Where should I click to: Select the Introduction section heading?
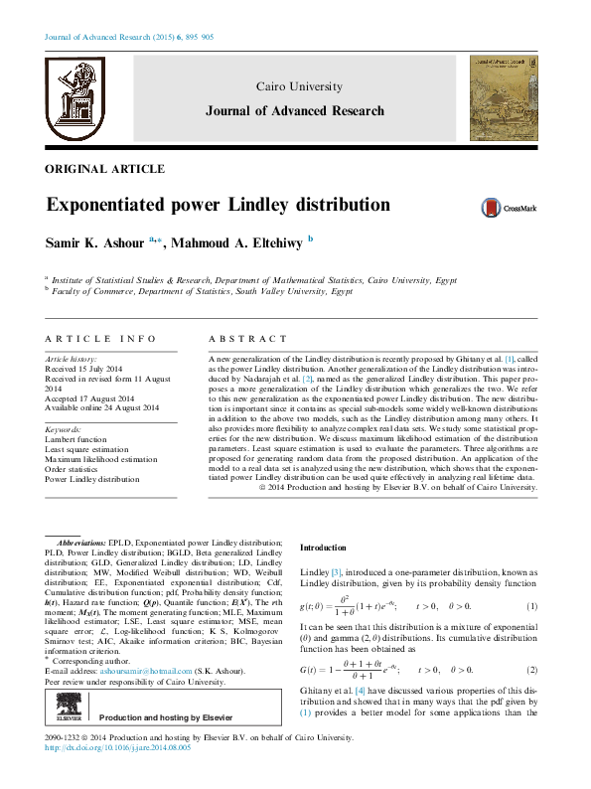[x=324, y=548]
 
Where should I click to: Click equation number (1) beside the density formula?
[x=532, y=606]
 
